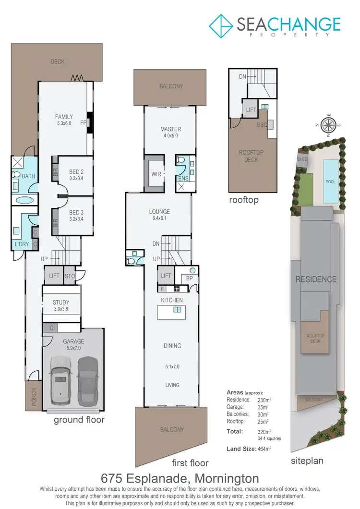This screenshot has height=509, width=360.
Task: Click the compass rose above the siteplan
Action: coord(329,125)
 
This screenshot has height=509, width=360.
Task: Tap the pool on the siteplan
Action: coord(331,181)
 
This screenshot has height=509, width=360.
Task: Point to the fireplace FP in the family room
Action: coord(83,122)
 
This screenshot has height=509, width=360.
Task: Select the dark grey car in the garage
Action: coord(87,380)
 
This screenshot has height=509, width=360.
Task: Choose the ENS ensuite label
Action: coord(183,178)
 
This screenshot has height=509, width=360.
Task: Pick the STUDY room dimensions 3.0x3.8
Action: coord(61,310)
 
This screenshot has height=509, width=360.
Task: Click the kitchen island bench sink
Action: coord(177,310)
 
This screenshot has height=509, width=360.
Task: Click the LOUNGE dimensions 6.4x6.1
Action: coord(159,219)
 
